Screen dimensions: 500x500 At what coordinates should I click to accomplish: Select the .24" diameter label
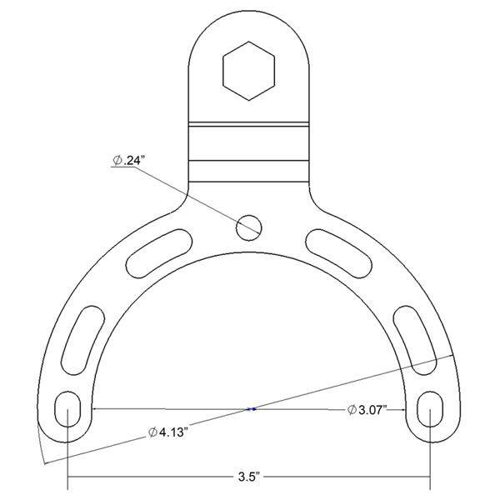pos(127,161)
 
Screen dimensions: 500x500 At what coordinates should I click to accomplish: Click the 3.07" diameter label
pos(367,409)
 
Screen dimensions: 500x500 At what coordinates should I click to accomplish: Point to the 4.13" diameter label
pos(167,432)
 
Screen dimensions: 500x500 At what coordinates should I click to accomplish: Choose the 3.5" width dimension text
pos(249,477)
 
